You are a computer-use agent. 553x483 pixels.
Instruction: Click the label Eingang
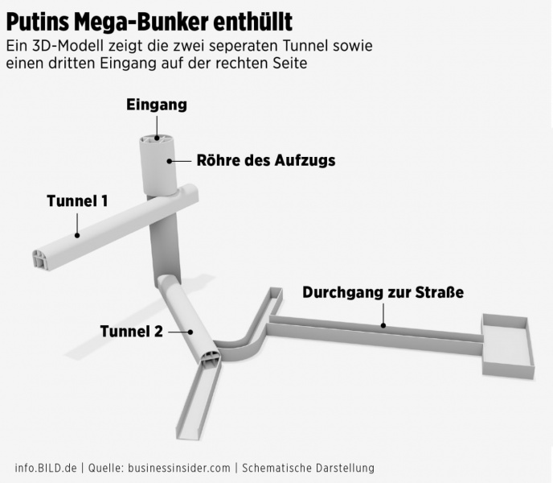pyautogui.click(x=157, y=105)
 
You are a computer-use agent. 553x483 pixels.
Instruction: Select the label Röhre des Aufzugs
pyautogui.click(x=265, y=160)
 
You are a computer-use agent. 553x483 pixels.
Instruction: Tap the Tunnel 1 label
pyautogui.click(x=77, y=200)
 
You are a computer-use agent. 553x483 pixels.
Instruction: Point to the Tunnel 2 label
pyautogui.click(x=131, y=331)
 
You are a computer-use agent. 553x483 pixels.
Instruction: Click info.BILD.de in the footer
pyautogui.click(x=46, y=468)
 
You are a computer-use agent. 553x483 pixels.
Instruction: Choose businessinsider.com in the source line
pyautogui.click(x=178, y=468)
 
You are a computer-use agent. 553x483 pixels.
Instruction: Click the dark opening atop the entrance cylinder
pyautogui.click(x=157, y=139)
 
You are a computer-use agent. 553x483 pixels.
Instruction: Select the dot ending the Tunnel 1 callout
pyautogui.click(x=77, y=235)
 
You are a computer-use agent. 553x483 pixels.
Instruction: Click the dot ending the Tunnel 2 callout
pyautogui.click(x=191, y=331)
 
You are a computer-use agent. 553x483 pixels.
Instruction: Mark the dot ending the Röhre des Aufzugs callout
pyautogui.click(x=169, y=161)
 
